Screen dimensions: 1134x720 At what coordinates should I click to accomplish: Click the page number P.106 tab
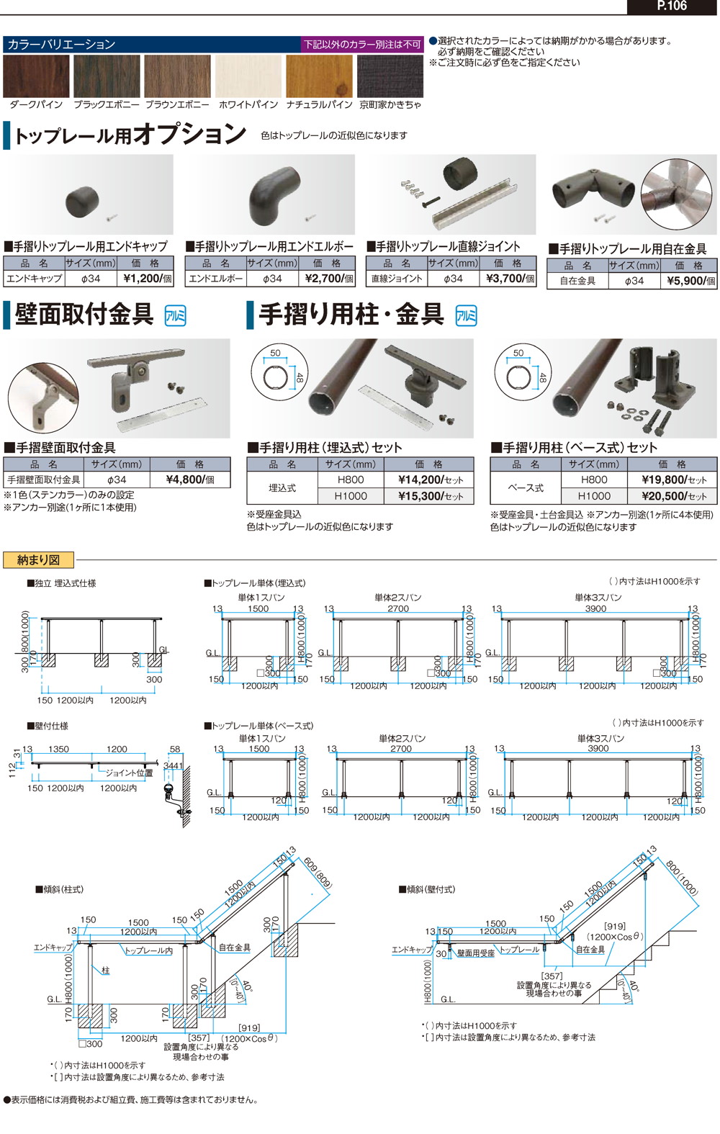tap(672, 6)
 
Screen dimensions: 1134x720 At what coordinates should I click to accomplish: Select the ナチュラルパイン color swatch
tap(319, 76)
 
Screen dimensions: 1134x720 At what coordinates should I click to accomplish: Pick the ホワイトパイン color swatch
tap(248, 76)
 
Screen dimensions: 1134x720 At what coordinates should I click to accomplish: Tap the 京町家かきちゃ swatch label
tap(390, 104)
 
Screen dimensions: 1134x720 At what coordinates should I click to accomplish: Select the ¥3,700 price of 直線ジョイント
tap(510, 279)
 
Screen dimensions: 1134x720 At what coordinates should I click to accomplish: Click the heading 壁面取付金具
tap(84, 315)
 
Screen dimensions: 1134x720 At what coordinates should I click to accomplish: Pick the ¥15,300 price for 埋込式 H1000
tap(431, 496)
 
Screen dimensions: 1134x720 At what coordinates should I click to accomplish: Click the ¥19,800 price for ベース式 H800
tap(674, 480)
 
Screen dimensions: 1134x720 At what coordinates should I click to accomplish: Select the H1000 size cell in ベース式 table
tap(594, 496)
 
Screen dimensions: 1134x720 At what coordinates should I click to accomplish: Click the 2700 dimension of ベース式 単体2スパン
tap(400, 749)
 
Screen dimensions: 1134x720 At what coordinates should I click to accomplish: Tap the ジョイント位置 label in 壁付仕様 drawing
tap(129, 773)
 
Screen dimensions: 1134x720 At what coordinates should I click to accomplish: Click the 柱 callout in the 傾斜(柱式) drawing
tap(105, 971)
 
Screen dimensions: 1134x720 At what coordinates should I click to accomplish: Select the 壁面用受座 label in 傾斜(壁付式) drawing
tap(476, 953)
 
